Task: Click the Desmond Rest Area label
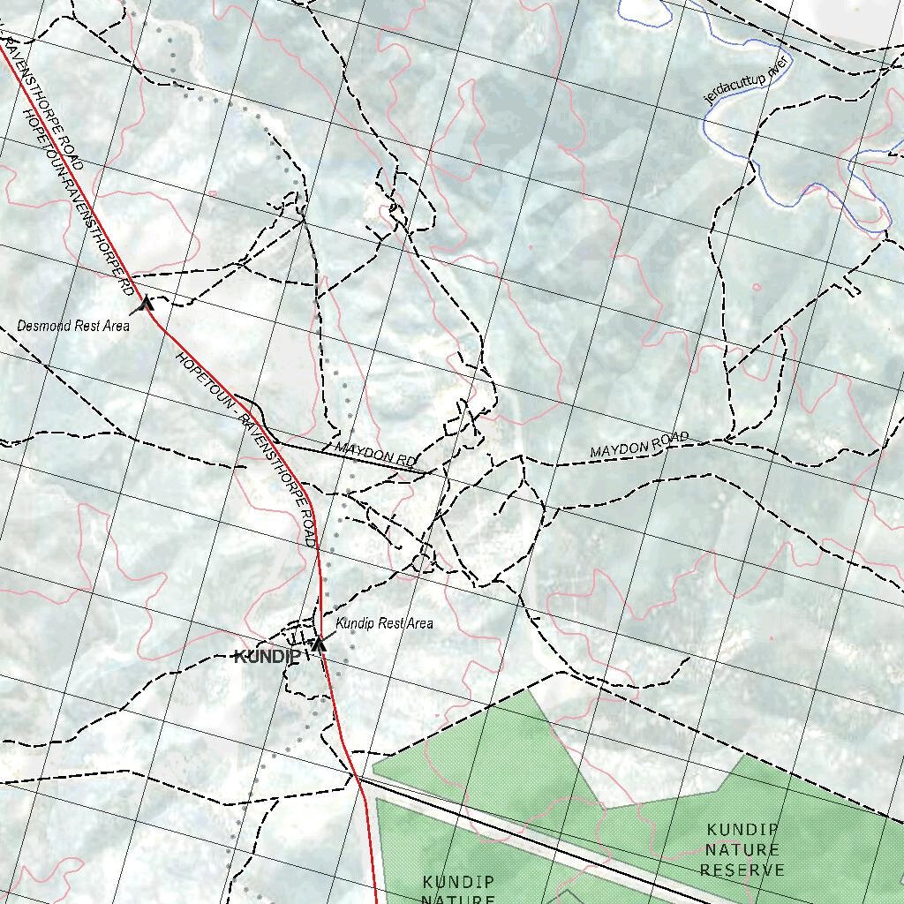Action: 73,326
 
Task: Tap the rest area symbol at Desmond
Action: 146,305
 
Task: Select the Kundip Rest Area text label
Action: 384,623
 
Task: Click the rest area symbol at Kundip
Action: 319,644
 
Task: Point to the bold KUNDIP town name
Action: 267,656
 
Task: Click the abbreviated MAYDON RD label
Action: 375,455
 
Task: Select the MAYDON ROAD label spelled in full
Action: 639,446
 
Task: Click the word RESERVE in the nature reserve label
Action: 742,870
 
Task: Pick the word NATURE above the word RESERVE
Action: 742,850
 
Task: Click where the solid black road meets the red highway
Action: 357,778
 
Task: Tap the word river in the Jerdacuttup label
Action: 777,66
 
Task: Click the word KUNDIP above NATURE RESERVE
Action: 742,830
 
